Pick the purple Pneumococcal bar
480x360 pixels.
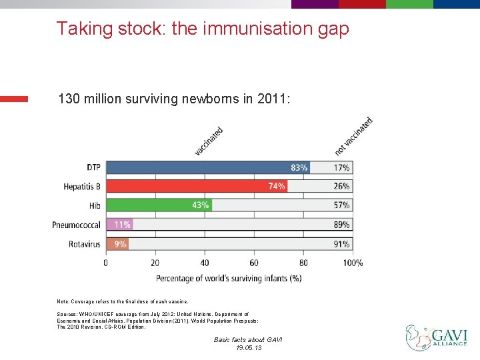(x=120, y=225)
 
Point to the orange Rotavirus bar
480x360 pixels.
(x=117, y=244)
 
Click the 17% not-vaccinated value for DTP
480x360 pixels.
(x=341, y=167)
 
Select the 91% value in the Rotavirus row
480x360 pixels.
(x=341, y=244)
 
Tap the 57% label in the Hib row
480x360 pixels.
(x=341, y=205)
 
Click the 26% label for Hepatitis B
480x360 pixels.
(x=341, y=187)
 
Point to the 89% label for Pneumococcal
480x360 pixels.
(x=341, y=225)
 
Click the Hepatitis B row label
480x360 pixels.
(x=82, y=187)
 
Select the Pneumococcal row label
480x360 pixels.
(x=76, y=225)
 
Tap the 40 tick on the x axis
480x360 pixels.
(x=205, y=263)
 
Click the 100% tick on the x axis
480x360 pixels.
(x=353, y=263)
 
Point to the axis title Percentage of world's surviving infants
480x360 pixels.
(x=229, y=278)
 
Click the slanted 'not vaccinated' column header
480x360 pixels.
(x=353, y=136)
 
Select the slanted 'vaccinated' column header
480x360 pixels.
(x=209, y=141)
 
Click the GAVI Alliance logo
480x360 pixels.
(x=437, y=337)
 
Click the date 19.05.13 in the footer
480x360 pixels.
(x=248, y=348)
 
